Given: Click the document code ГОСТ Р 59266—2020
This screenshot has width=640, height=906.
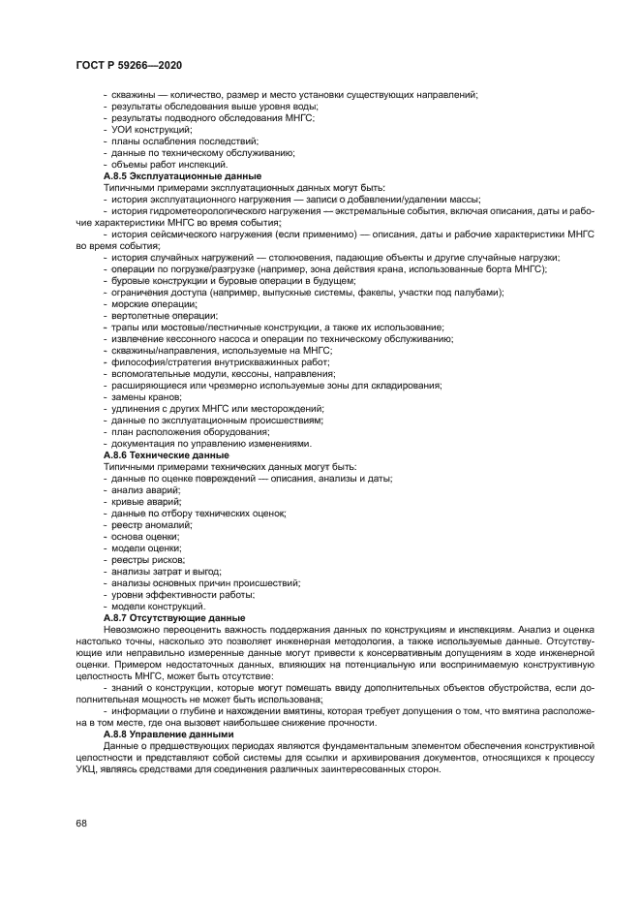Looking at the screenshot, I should pyautogui.click(x=128, y=65).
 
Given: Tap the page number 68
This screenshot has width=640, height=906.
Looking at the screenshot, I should pyautogui.click(x=80, y=823).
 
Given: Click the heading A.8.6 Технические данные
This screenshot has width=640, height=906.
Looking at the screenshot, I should pyautogui.click(x=166, y=454).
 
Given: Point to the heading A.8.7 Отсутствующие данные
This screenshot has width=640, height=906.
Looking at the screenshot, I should pyautogui.click(x=173, y=617).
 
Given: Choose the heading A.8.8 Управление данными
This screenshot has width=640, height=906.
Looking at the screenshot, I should pyautogui.click(x=168, y=734).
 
